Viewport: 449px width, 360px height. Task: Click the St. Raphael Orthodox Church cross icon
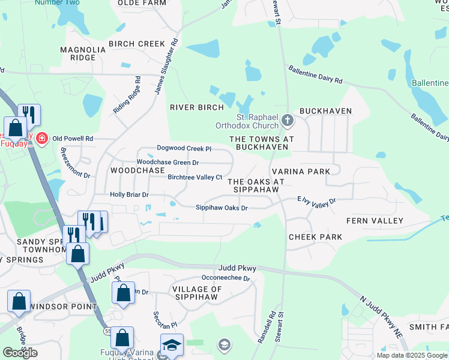coord(287,121)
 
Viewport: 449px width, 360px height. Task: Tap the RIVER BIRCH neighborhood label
coord(196,107)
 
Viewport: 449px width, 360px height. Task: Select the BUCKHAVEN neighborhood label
coord(325,111)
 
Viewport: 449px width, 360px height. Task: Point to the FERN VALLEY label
coord(379,221)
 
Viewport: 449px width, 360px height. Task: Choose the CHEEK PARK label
coord(315,237)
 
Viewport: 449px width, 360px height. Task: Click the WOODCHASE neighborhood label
coord(137,170)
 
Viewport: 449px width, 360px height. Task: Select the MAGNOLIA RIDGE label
coord(77,53)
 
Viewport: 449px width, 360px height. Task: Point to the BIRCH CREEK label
coord(136,44)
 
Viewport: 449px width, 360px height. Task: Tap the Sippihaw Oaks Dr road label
coord(221,208)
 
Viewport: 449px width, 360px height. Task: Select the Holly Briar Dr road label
coord(129,195)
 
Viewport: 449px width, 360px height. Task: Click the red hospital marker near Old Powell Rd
coord(41,139)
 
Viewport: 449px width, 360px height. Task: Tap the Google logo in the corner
coord(20,353)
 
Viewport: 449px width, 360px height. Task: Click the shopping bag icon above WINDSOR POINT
coord(19,300)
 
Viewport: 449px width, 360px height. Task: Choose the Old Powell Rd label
coord(73,139)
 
